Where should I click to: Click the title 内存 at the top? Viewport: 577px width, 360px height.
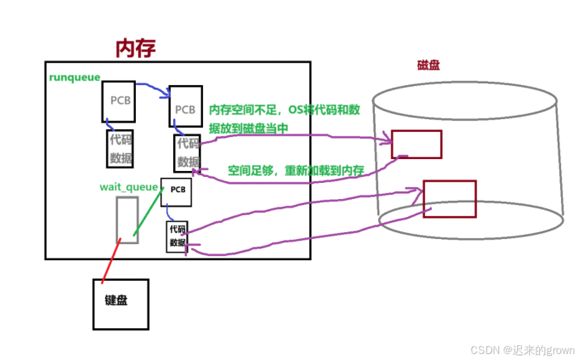136,48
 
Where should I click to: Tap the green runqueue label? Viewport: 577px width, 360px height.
75,77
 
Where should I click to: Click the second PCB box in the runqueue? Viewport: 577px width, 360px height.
185,106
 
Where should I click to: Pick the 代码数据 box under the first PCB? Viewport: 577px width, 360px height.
120,148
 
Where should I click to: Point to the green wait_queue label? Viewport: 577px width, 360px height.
128,187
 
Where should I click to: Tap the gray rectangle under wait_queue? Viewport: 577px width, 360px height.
127,220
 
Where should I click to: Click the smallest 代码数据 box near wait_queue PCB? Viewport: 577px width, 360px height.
177,236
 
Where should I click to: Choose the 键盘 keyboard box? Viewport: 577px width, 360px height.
120,303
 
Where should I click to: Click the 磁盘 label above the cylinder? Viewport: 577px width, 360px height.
428,65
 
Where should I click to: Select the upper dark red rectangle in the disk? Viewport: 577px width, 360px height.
417,144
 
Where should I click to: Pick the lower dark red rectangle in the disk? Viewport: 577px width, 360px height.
449,198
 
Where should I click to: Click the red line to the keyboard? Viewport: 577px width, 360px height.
111,261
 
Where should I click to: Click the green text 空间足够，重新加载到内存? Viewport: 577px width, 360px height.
295,171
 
